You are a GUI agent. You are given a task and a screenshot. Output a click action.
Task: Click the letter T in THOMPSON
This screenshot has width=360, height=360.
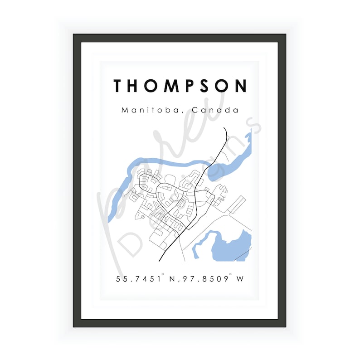118,86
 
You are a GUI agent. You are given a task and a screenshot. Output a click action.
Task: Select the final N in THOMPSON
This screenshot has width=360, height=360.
241,86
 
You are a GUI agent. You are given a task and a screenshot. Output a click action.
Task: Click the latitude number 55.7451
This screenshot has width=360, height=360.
138,279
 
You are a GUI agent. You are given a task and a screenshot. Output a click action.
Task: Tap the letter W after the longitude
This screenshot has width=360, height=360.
240,279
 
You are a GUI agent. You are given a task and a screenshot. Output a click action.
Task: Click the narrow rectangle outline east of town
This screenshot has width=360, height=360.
236,205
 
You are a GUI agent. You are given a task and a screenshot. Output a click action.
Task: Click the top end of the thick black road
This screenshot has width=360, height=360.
225,129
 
